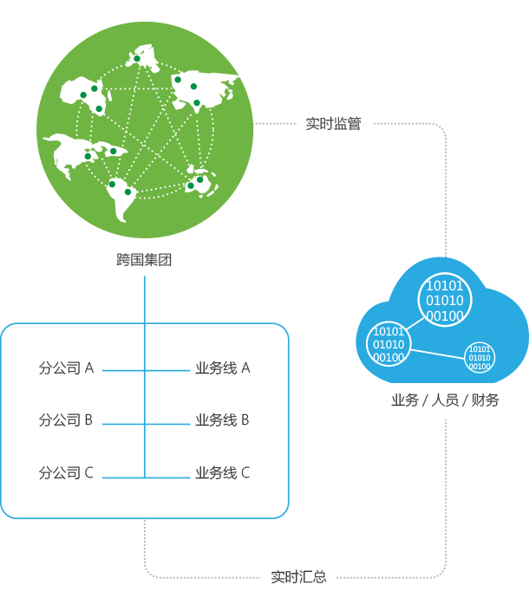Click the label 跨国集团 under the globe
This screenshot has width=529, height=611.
[x=145, y=259]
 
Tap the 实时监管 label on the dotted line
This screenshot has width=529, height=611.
[x=334, y=124]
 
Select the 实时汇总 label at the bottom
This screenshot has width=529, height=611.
[x=298, y=576]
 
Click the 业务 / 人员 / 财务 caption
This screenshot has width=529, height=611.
[x=446, y=400]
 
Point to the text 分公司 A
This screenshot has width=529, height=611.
[x=66, y=368]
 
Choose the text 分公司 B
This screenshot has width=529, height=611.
[x=66, y=420]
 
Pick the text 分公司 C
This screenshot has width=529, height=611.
[x=66, y=473]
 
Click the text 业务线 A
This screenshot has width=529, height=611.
[x=223, y=368]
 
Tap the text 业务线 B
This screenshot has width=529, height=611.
[x=223, y=420]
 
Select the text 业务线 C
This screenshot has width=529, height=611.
[x=223, y=473]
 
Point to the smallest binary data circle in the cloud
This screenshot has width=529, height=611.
[x=480, y=357]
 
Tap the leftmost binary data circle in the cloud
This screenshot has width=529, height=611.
[x=388, y=344]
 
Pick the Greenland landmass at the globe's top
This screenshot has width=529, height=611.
[x=144, y=59]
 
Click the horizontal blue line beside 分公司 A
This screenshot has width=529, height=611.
[x=121, y=370]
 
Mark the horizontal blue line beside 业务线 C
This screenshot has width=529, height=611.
[x=168, y=476]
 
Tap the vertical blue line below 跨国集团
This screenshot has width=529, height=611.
[x=144, y=312]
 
